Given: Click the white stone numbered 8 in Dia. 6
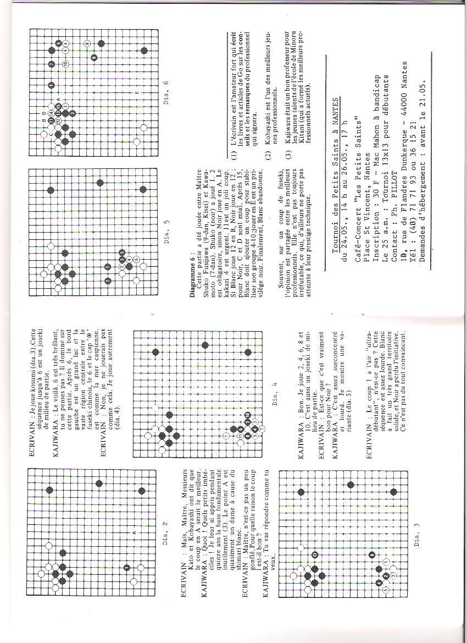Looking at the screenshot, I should tap(87, 42).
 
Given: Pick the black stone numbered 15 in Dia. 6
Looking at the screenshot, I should tap(58, 105).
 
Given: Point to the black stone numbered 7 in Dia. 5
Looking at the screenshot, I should tap(107, 280).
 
